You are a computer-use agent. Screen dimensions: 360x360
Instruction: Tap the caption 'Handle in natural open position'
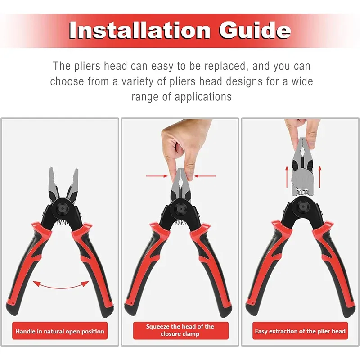pyautogui.click(x=60, y=332)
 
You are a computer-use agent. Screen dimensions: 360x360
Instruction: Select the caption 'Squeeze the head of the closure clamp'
pyautogui.click(x=180, y=330)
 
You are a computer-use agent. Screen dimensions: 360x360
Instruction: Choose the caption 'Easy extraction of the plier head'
pyautogui.click(x=300, y=332)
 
